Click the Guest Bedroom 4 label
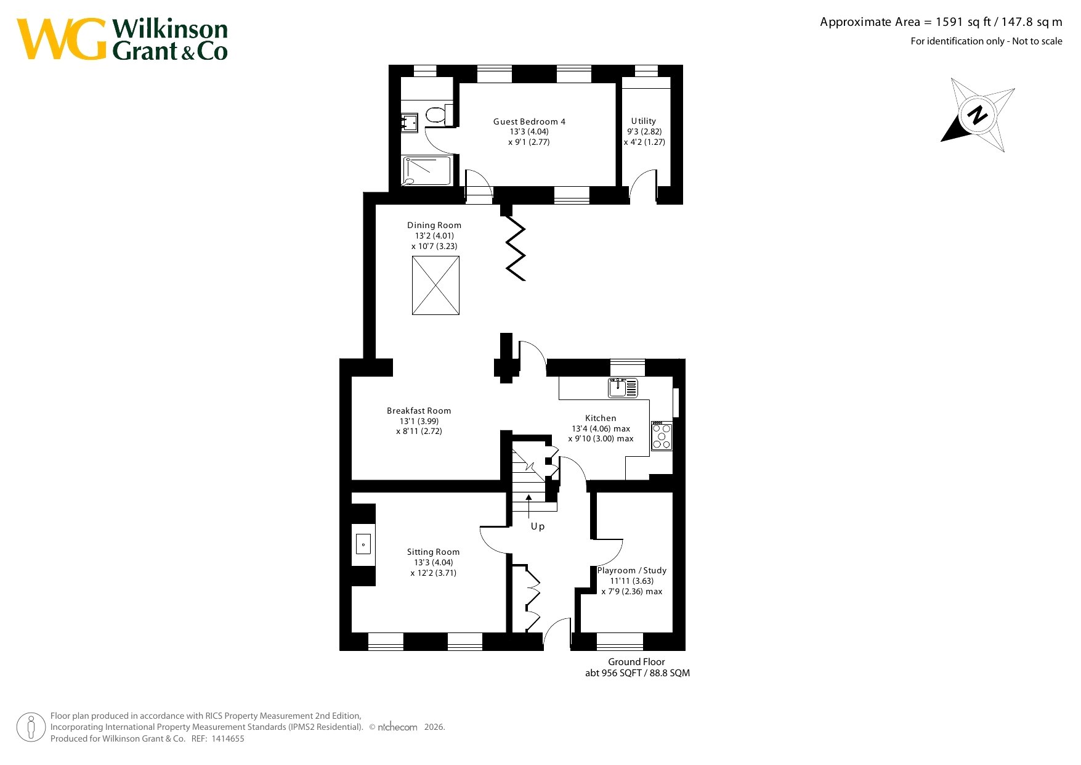(x=529, y=121)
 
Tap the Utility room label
(x=644, y=121)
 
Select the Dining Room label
(x=434, y=225)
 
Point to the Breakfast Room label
(x=419, y=411)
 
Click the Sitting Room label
(x=433, y=552)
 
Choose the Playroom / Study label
(x=632, y=570)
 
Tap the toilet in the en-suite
(x=439, y=115)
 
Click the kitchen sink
(x=623, y=388)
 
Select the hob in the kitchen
(x=662, y=435)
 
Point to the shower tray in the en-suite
(x=427, y=171)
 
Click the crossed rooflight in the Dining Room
(x=435, y=285)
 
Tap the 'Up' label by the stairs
(x=538, y=526)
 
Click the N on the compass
(x=977, y=115)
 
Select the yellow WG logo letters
(x=62, y=39)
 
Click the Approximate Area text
(x=941, y=22)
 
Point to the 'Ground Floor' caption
(x=636, y=661)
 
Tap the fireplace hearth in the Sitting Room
(x=363, y=544)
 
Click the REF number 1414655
(x=228, y=738)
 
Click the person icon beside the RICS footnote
(x=31, y=727)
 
